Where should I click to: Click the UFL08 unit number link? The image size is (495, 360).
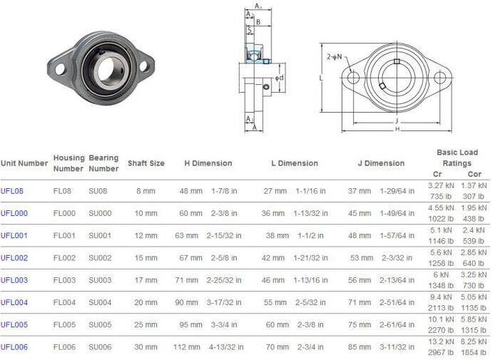click(12, 191)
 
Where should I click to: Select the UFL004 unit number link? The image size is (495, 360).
click(14, 302)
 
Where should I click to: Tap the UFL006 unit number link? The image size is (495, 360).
click(14, 346)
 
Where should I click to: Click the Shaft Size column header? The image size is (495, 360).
click(146, 163)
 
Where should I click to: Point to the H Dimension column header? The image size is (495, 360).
click(208, 163)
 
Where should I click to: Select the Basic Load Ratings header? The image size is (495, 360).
click(457, 158)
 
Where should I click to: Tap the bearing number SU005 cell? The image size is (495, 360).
click(100, 324)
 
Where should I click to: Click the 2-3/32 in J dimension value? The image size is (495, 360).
click(398, 258)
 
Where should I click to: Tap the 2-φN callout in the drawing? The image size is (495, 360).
click(334, 56)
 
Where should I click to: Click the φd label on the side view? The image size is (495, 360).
click(280, 78)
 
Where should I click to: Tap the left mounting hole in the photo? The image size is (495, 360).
click(60, 69)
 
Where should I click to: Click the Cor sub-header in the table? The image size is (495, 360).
click(474, 174)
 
